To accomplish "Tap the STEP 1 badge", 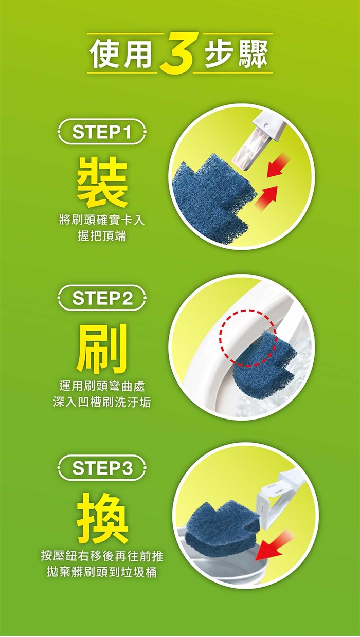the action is tap(102, 132).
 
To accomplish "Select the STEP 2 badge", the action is tap(102, 298).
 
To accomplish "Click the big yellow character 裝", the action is tap(102, 183).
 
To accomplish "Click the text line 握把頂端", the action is tap(102, 236).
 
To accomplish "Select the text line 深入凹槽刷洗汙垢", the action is tap(102, 402).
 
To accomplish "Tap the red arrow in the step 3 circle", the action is tap(274, 544).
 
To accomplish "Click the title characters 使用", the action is tap(121, 54).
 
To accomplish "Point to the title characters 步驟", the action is tap(236, 54).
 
